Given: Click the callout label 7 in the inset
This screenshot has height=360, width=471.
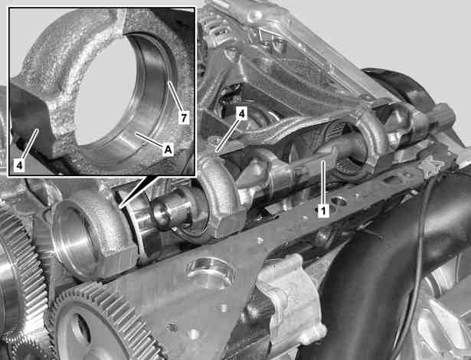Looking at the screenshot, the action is [x=184, y=117].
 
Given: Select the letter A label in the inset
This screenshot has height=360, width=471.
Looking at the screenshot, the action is [x=168, y=149].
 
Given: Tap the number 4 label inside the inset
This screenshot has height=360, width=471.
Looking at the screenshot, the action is [x=20, y=165].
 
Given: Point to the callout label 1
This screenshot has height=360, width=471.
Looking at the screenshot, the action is [x=323, y=211].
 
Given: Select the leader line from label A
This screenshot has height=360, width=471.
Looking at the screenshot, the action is [x=149, y=139].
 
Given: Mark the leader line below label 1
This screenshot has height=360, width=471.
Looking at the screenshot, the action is [x=323, y=183].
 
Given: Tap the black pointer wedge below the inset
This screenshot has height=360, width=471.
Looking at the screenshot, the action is [x=137, y=190].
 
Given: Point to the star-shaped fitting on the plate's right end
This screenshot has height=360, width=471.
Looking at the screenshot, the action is [x=430, y=164].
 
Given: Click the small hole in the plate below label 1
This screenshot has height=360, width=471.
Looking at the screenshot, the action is [x=339, y=201].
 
